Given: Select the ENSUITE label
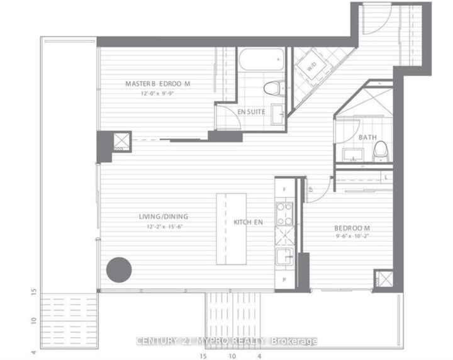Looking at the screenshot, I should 250,111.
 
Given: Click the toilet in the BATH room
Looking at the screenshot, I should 379,150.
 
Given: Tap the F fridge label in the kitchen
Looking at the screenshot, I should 284,189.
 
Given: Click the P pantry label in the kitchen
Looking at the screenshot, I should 284,278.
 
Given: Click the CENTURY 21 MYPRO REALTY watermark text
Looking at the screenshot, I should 226,341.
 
